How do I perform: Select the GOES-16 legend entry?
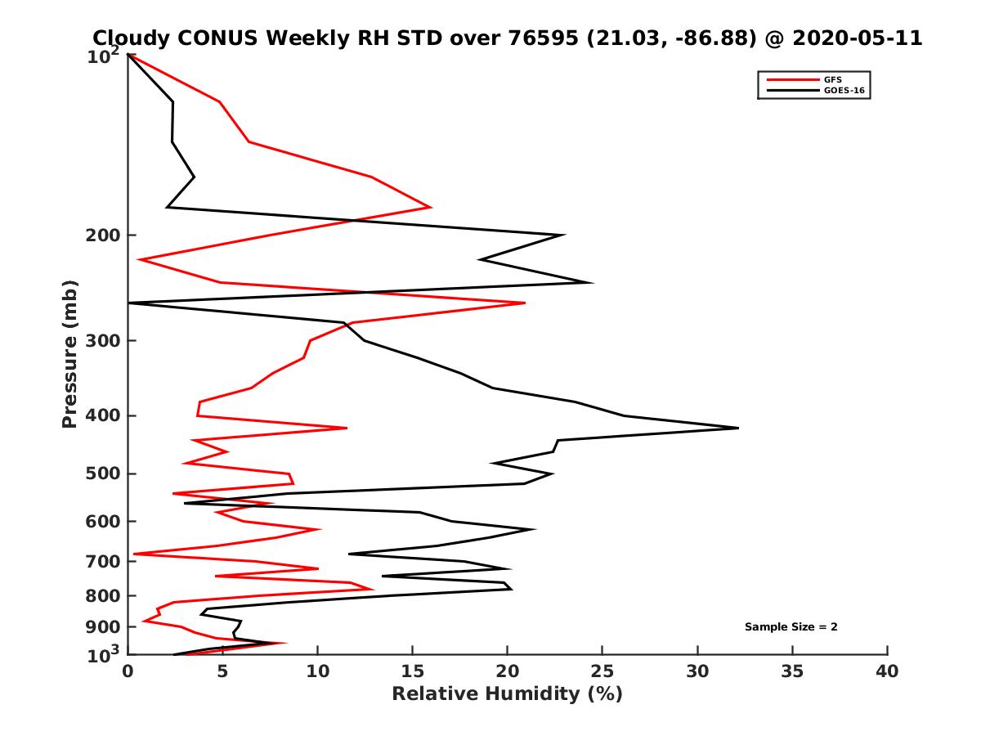point(841,91)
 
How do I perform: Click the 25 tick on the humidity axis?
point(602,671)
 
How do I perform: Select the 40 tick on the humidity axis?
point(887,671)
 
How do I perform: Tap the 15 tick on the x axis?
point(413,671)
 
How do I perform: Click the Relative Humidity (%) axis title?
point(507,694)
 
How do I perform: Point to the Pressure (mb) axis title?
point(69,353)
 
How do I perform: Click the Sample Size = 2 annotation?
point(791,627)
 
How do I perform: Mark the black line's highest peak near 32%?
point(737,428)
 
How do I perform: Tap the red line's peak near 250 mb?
point(524,303)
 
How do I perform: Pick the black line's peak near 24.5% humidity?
point(592,283)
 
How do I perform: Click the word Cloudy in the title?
point(132,38)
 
